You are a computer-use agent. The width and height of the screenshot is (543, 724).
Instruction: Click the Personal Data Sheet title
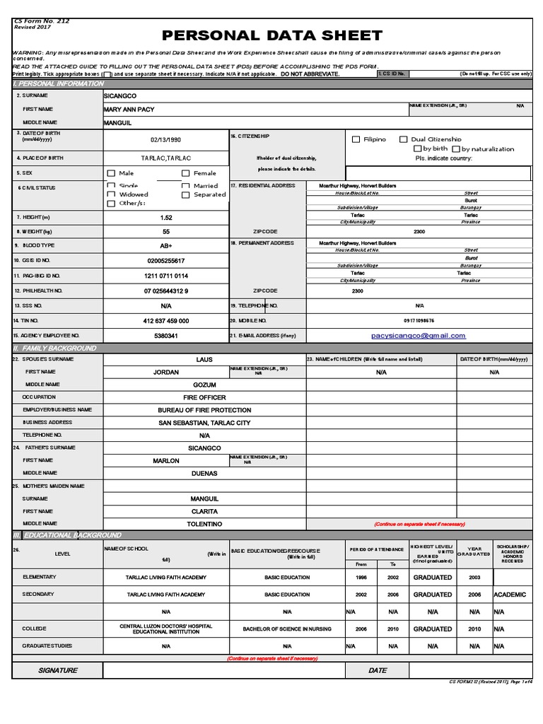pyautogui.click(x=272, y=35)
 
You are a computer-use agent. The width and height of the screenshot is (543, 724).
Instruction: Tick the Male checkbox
pyautogui.click(x=111, y=173)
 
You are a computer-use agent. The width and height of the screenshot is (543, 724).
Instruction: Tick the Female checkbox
pyautogui.click(x=186, y=173)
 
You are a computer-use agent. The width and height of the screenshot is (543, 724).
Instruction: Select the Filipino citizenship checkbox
pyautogui.click(x=356, y=140)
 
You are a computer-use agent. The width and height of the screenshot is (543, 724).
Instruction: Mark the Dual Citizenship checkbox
pyautogui.click(x=403, y=140)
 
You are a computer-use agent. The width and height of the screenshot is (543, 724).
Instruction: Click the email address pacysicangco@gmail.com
pyautogui.click(x=419, y=336)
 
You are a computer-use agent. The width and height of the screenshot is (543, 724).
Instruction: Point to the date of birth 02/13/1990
pyautogui.click(x=166, y=141)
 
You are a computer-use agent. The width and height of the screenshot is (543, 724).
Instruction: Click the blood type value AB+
pyautogui.click(x=166, y=245)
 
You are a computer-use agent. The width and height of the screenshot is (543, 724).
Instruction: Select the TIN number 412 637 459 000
pyautogui.click(x=166, y=321)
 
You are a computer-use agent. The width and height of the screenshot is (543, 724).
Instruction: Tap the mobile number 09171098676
pyautogui.click(x=419, y=321)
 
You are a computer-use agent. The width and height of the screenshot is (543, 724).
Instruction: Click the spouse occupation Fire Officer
pyautogui.click(x=204, y=398)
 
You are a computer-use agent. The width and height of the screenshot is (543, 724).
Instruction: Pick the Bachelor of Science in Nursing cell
pyautogui.click(x=287, y=629)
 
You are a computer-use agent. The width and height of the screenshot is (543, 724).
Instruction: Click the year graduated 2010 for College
pyautogui.click(x=474, y=629)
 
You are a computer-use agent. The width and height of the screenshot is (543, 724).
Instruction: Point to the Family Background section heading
pyautogui.click(x=55, y=349)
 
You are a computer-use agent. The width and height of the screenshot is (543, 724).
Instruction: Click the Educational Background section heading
pyautogui.click(x=68, y=535)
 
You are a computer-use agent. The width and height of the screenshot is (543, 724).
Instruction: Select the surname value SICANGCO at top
pyautogui.click(x=120, y=95)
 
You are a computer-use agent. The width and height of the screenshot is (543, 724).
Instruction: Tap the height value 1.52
pyautogui.click(x=166, y=218)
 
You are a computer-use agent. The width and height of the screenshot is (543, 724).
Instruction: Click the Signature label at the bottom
pyautogui.click(x=58, y=670)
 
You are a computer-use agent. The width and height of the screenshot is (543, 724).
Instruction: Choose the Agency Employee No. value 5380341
pyautogui.click(x=166, y=336)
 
